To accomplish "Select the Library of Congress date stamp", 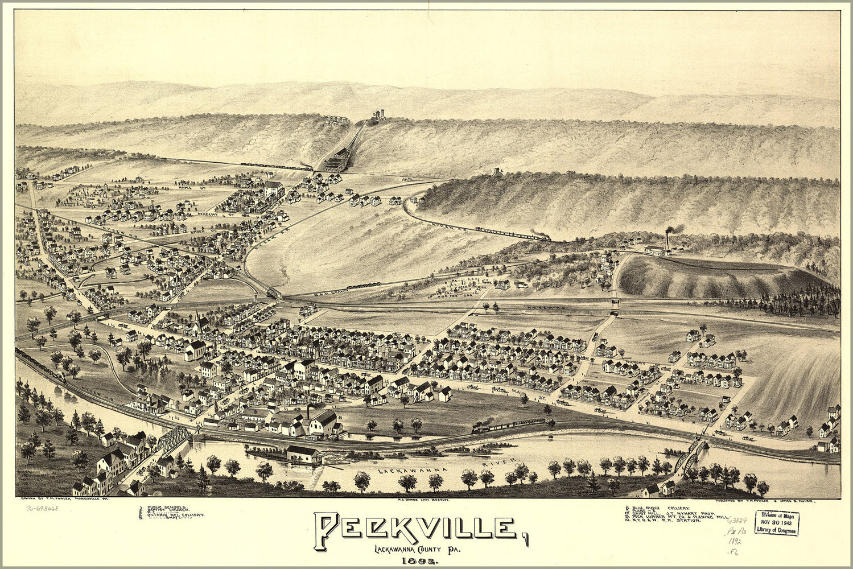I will pyautogui.click(x=777, y=522).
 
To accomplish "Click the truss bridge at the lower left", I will pyautogui.click(x=174, y=439).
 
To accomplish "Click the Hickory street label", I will pyautogui.click(x=634, y=362).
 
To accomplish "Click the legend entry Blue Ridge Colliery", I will pyautogui.click(x=661, y=507).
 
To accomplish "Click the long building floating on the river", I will pyautogui.click(x=303, y=453).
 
